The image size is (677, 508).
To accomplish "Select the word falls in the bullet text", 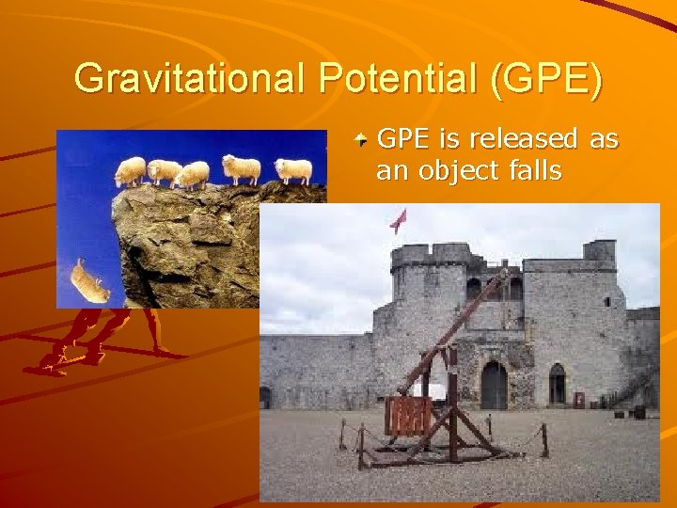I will [x=530, y=170].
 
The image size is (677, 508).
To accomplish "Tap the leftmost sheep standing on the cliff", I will [x=131, y=170].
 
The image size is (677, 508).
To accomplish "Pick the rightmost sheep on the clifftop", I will [x=293, y=169].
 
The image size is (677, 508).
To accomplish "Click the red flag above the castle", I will [x=399, y=220].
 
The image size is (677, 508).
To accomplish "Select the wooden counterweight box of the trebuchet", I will [x=408, y=415].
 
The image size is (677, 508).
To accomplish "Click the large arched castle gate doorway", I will [x=494, y=386].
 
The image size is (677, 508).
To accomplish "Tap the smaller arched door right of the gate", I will [x=558, y=384].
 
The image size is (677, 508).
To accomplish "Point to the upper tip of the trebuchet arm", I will [x=508, y=273].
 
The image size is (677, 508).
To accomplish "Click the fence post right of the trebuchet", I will [x=543, y=438].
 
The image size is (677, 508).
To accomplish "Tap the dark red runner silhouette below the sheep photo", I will [x=94, y=339].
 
